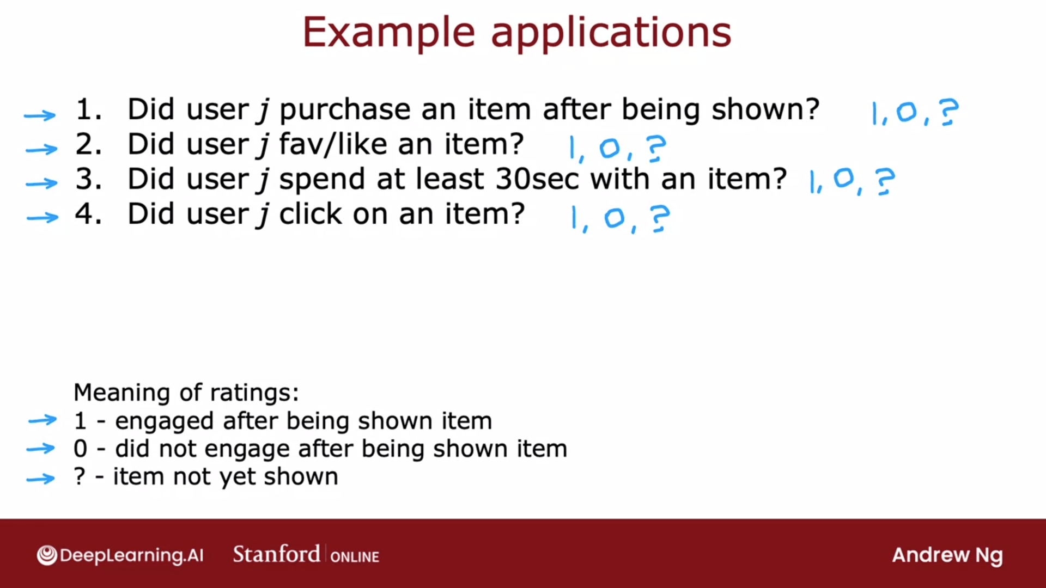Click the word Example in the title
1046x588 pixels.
point(389,33)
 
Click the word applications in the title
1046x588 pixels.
point(611,34)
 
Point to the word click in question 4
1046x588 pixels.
point(312,213)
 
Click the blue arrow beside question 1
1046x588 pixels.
point(40,115)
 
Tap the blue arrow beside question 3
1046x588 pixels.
point(42,183)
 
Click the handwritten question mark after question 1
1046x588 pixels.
point(948,112)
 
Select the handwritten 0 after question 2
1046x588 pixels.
point(610,148)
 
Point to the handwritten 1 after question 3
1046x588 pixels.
point(813,182)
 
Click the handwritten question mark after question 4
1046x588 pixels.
point(660,218)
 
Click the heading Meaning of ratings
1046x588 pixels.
point(186,393)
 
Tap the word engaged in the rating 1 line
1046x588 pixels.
point(164,422)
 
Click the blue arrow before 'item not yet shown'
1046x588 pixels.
point(41,479)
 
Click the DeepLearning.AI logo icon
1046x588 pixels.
point(47,555)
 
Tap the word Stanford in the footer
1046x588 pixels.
point(276,554)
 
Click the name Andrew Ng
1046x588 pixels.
point(947,556)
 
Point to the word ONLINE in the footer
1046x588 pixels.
point(355,557)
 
